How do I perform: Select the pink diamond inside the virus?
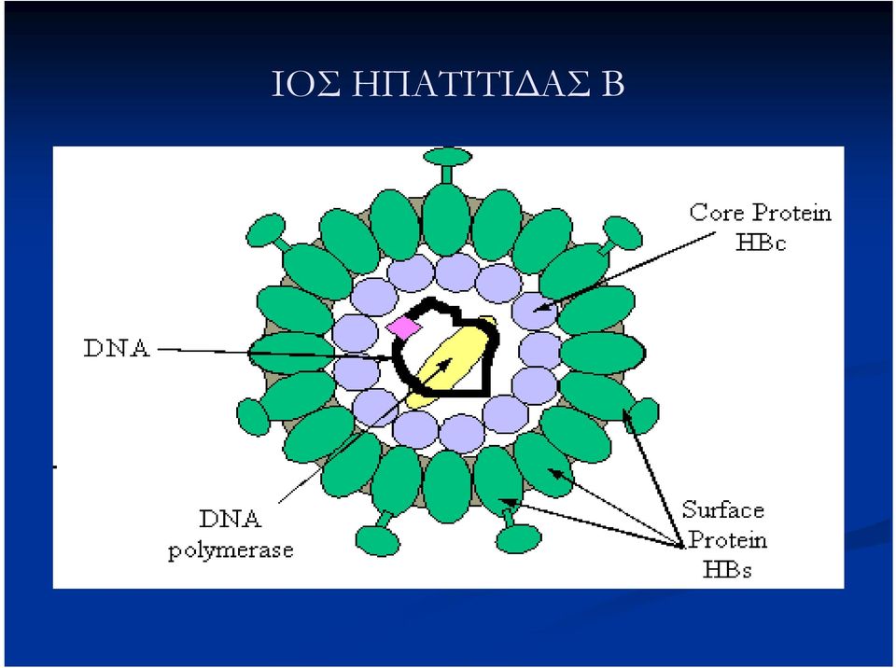(404, 327)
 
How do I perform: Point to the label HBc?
(761, 243)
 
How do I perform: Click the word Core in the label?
(717, 213)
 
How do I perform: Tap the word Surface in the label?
(722, 509)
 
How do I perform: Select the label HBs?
(727, 569)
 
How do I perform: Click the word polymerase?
(231, 550)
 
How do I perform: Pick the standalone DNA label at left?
(118, 348)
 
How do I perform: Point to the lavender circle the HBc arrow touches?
(536, 311)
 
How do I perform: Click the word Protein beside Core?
(791, 213)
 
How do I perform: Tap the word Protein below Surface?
(727, 539)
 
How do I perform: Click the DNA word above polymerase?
(231, 520)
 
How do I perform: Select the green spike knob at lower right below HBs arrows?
(518, 539)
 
